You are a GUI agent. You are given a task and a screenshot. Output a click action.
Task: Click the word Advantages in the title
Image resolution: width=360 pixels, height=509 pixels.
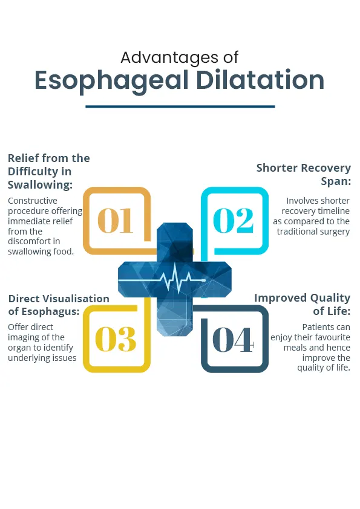tap(169, 59)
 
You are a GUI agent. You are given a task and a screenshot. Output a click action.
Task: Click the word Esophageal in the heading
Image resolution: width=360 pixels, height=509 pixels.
tap(111, 81)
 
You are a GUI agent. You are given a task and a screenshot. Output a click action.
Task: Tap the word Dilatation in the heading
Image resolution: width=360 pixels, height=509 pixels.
tap(260, 80)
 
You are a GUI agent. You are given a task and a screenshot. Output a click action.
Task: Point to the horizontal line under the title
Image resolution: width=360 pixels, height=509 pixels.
tap(180, 106)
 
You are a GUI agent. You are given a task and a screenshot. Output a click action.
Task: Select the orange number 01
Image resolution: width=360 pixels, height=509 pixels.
tap(116, 221)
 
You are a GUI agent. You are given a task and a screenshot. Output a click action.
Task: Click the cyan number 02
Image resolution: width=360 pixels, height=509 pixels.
tap(234, 221)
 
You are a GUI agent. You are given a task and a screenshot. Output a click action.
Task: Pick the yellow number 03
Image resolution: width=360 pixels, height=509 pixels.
tap(116, 339)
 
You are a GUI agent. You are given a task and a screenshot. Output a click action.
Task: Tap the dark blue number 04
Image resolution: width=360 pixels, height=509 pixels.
tap(233, 340)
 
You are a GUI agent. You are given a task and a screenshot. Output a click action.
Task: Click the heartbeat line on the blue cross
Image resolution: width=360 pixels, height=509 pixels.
tap(162, 279)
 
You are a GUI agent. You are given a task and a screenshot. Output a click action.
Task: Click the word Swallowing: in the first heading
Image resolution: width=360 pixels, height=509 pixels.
tap(40, 185)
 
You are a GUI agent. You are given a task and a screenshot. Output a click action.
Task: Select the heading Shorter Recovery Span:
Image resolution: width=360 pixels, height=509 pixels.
tap(304, 174)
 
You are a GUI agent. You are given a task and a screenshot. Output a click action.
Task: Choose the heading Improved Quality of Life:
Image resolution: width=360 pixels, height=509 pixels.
tap(302, 304)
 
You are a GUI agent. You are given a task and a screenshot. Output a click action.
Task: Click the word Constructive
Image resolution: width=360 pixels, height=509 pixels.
tap(33, 201)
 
